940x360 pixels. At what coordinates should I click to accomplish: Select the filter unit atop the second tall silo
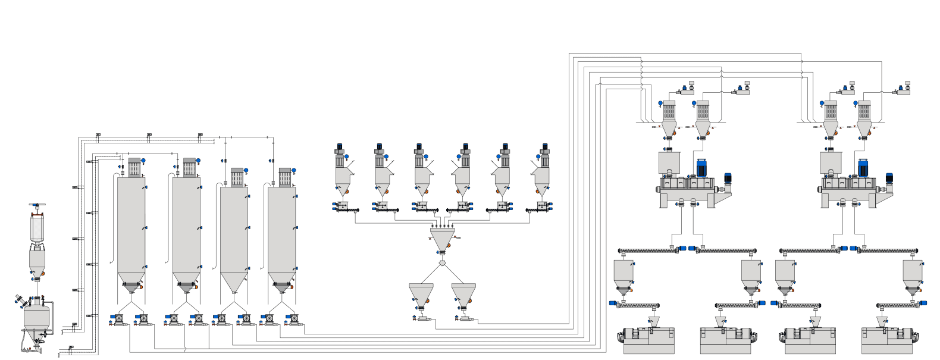click(189, 167)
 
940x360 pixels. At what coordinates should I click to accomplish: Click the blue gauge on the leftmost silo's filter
click(143, 161)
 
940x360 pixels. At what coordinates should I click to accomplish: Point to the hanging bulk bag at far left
click(37, 227)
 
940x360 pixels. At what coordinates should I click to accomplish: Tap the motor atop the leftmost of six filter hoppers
click(340, 146)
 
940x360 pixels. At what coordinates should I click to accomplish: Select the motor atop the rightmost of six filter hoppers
click(544, 146)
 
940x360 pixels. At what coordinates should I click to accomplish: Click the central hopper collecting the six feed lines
click(442, 239)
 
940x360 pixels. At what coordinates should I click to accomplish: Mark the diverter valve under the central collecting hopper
click(442, 262)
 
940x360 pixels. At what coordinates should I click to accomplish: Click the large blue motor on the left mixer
click(702, 168)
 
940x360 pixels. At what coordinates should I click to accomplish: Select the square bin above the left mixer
click(670, 162)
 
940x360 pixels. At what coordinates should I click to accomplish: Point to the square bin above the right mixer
click(831, 162)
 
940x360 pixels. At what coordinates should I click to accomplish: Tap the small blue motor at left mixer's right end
click(728, 178)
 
